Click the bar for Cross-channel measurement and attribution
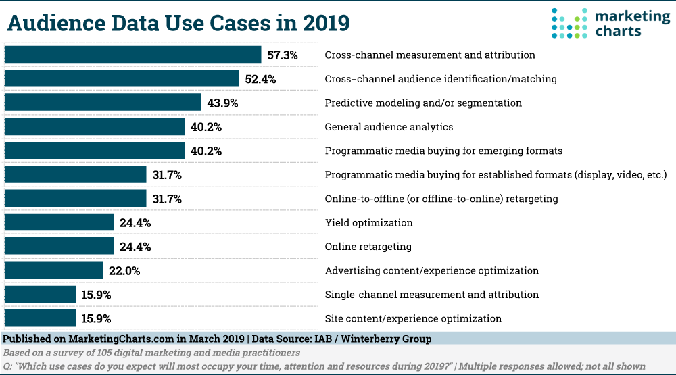pyautogui.click(x=132, y=55)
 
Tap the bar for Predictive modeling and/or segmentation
pyautogui.click(x=103, y=103)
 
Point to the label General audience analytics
pyautogui.click(x=389, y=127)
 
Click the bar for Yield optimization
pyautogui.click(x=59, y=222)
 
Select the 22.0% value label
pyautogui.click(x=123, y=271)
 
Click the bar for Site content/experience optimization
pyautogui.click(x=40, y=318)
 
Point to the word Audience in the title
pyautogui.click(x=57, y=22)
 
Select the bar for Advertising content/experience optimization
pyautogui.click(x=54, y=270)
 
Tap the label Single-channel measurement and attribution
pyautogui.click(x=431, y=295)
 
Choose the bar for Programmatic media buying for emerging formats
pyautogui.click(x=95, y=151)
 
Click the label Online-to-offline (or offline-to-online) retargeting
pyautogui.click(x=441, y=199)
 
